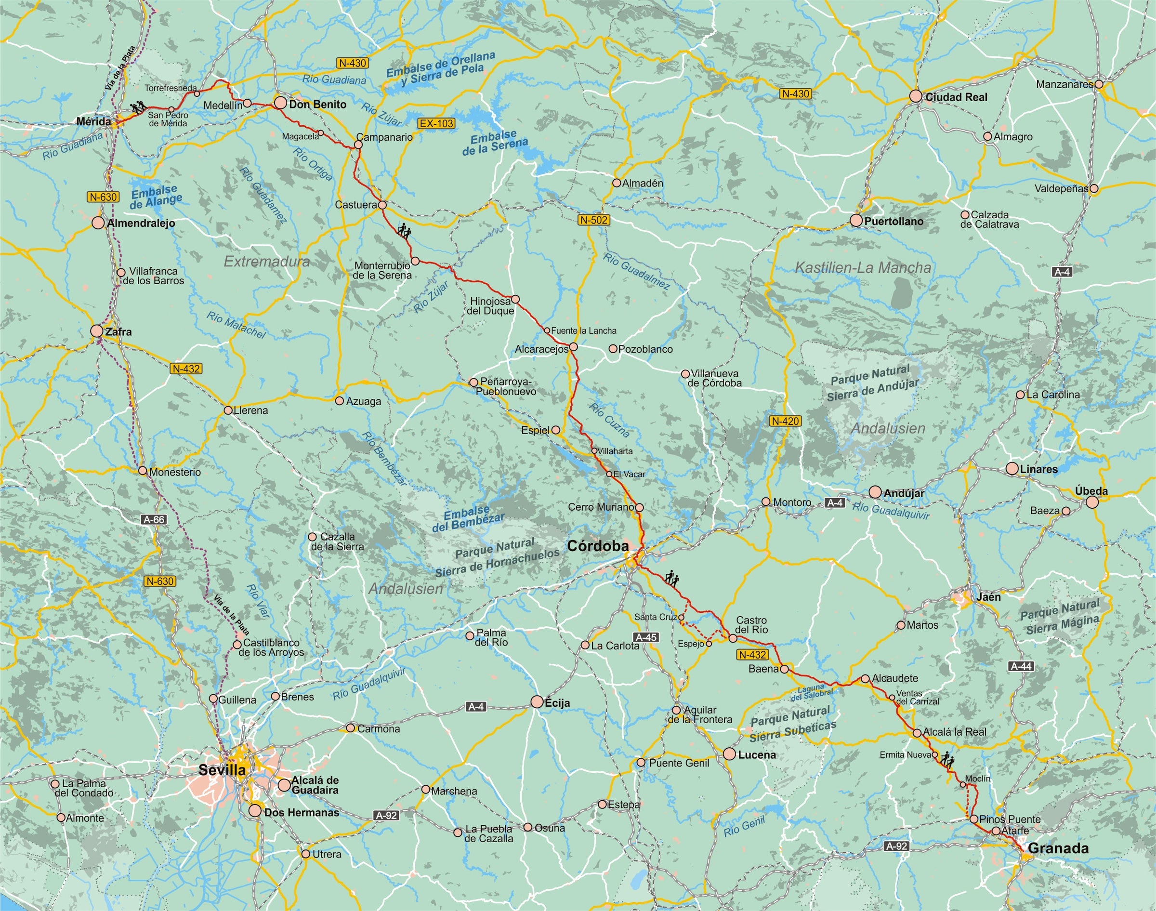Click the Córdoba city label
pos(598,546)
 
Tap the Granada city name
pos(1058,848)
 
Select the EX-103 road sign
pos(436,123)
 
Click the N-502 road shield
pos(593,220)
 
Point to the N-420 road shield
pos(786,421)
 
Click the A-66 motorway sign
pos(154,519)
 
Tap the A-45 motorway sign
pos(646,637)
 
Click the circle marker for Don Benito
pos(280,104)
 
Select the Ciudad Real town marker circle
pos(916,96)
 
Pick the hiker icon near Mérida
pos(139,107)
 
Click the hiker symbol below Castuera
pos(405,230)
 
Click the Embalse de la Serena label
pos(495,143)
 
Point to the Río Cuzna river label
pos(609,420)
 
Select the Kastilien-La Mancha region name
pos(863,268)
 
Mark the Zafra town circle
pos(96,330)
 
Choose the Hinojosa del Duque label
pos(491,306)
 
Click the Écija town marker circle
pos(537,702)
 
